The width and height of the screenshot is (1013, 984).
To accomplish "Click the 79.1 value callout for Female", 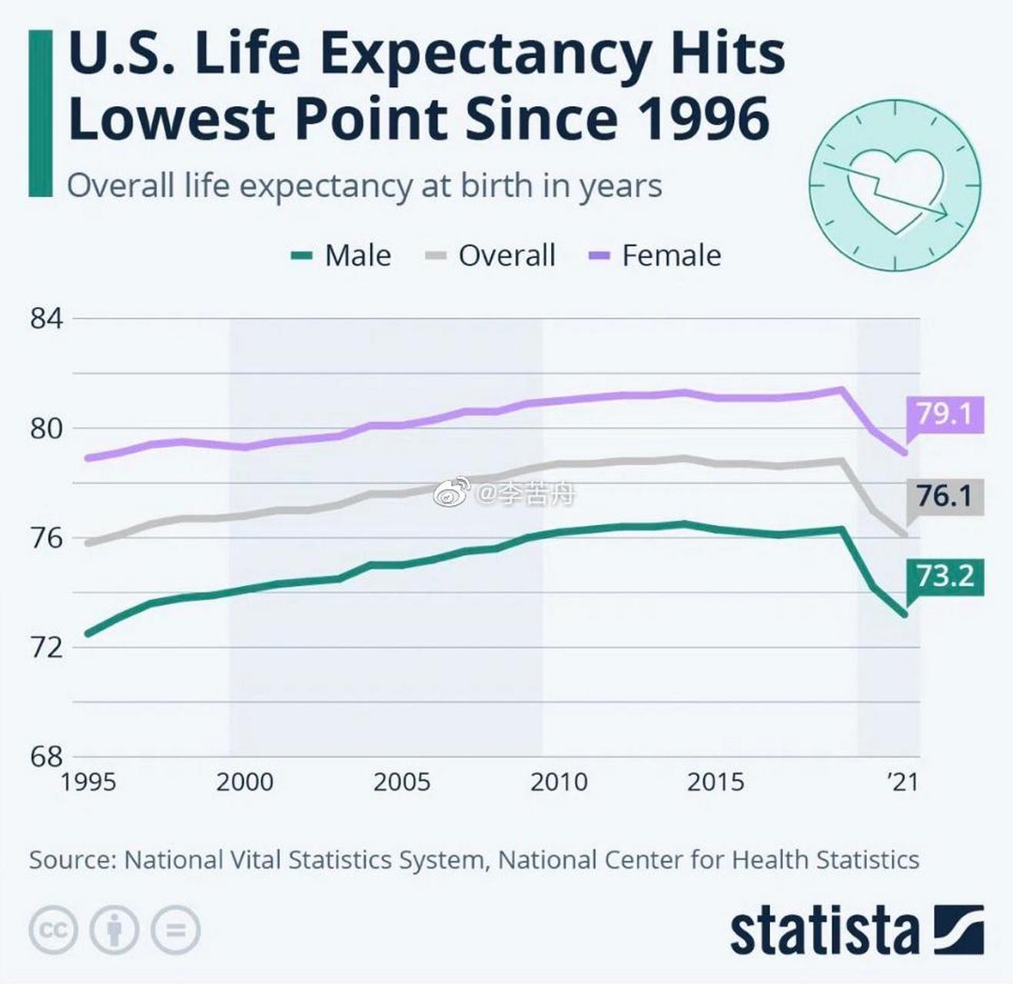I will [945, 414].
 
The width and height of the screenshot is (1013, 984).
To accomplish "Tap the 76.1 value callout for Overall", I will [945, 496].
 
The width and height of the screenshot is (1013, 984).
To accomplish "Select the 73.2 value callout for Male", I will [945, 575].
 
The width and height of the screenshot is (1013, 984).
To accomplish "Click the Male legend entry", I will [342, 255].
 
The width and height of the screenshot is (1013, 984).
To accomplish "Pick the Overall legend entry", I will [490, 255].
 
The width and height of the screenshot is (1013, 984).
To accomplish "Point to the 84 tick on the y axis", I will [46, 318].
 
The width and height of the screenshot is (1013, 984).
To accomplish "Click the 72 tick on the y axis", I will [46, 647].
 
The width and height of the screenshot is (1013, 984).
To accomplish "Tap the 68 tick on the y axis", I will [46, 756].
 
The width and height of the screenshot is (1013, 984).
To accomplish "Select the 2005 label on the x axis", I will [402, 782].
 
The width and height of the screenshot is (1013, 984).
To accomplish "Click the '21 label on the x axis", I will [903, 782].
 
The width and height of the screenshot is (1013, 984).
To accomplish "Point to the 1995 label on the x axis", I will [88, 782].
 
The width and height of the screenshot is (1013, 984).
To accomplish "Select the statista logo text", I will [824, 931].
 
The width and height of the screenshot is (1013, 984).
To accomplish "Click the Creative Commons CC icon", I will [53, 931].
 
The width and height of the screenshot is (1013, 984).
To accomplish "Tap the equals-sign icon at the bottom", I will [176, 931].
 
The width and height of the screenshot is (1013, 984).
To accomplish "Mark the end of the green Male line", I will [905, 614].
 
